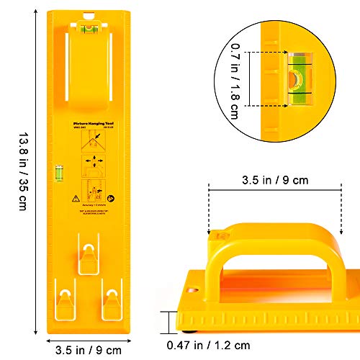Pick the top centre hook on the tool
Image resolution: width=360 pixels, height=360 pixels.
[x=88, y=256]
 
